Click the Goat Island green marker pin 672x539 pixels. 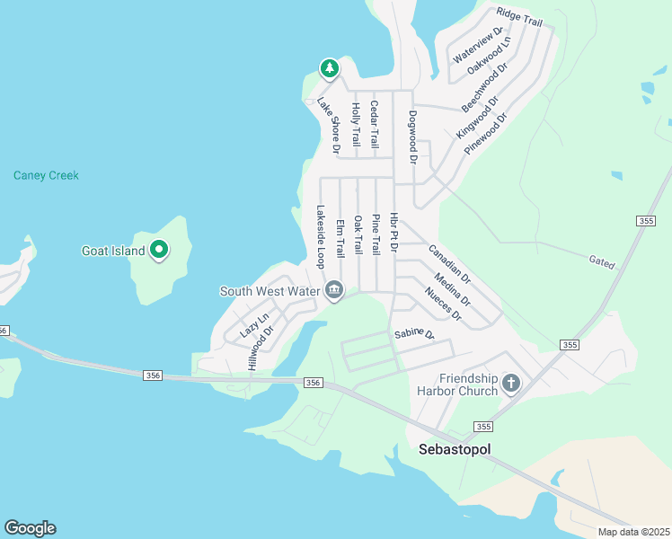pos(159,250)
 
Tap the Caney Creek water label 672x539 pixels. pos(46,175)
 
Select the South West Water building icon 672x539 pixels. pos(334,290)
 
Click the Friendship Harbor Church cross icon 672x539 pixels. pos(510,384)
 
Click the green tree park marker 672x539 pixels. pos(330,68)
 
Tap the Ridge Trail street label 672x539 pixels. pos(520,18)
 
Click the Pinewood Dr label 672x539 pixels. pos(487,134)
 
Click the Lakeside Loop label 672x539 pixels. pos(319,237)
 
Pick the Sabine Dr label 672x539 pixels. pos(414,335)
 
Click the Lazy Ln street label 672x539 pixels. pos(254,325)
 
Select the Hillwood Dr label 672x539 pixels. pos(259,349)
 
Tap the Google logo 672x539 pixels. pos(30,528)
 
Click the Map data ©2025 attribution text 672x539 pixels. pos(634,532)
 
